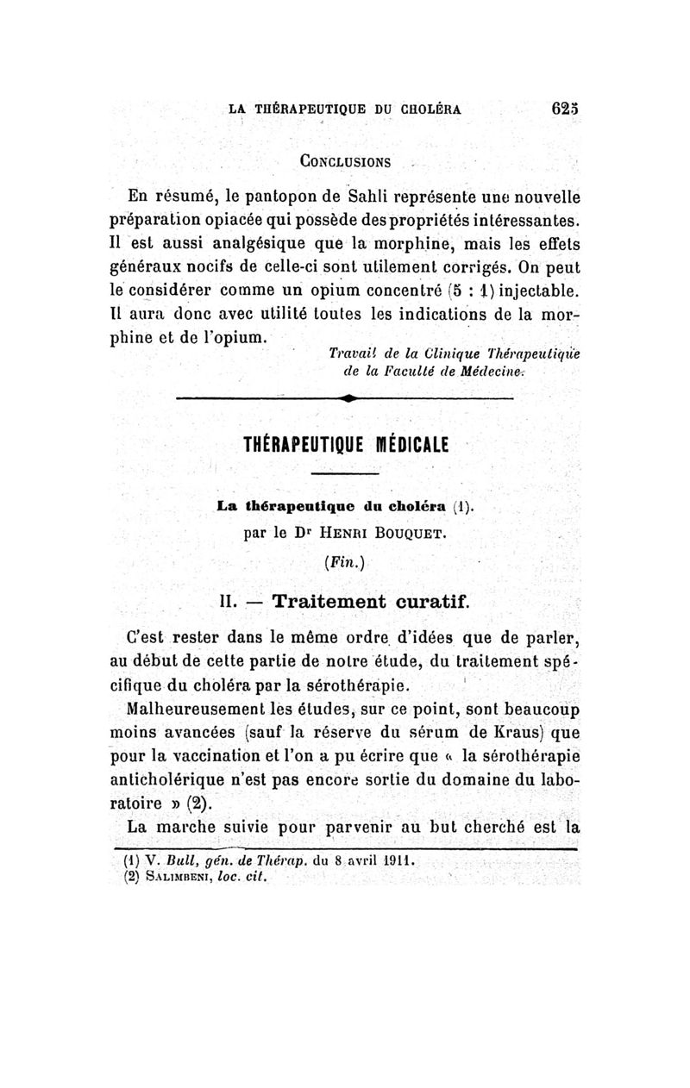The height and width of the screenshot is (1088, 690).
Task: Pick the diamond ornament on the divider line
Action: tap(346, 398)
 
